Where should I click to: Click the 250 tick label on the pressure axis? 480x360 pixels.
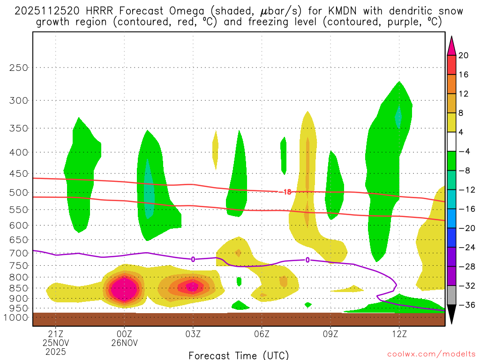pos(19,67)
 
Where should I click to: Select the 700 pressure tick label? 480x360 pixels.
pos(19,253)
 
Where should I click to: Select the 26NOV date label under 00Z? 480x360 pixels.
pos(124,343)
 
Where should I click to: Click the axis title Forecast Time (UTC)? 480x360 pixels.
pos(239,355)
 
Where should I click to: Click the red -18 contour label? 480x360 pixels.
pos(285,192)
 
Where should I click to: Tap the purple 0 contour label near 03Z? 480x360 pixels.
pos(193,259)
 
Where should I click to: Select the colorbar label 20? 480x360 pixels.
pos(464,55)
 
